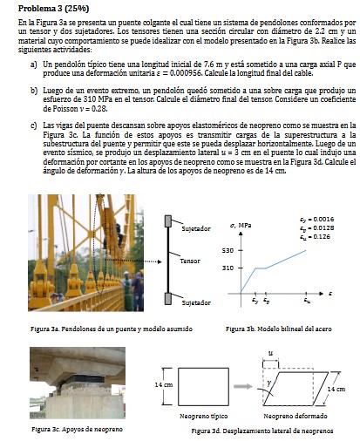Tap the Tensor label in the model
[x=191, y=261]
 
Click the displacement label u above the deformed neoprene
[x=271, y=354]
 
